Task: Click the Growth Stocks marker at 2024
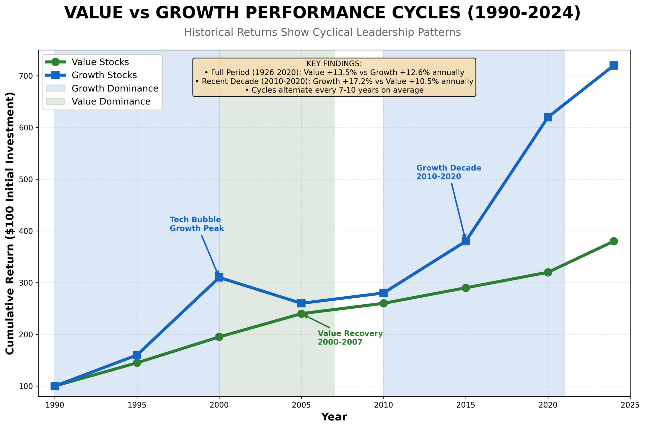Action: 613,65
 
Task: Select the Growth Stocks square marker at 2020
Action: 548,117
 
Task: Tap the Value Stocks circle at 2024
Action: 613,241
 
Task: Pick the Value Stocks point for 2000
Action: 219,337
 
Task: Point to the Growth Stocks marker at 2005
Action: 301,303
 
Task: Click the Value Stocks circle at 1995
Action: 137,363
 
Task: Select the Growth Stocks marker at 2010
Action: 383,293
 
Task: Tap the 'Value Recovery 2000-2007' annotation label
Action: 350,338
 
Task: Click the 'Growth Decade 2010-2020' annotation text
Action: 448,172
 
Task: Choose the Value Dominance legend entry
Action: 111,102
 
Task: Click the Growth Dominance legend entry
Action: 115,89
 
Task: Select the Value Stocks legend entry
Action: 100,62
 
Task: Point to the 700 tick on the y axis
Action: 26,76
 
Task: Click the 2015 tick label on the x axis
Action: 465,405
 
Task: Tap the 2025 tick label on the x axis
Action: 630,405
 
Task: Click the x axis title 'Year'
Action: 334,417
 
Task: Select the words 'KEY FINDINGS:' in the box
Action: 334,64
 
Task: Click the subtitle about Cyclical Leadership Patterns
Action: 322,32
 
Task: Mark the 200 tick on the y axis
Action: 26,334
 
